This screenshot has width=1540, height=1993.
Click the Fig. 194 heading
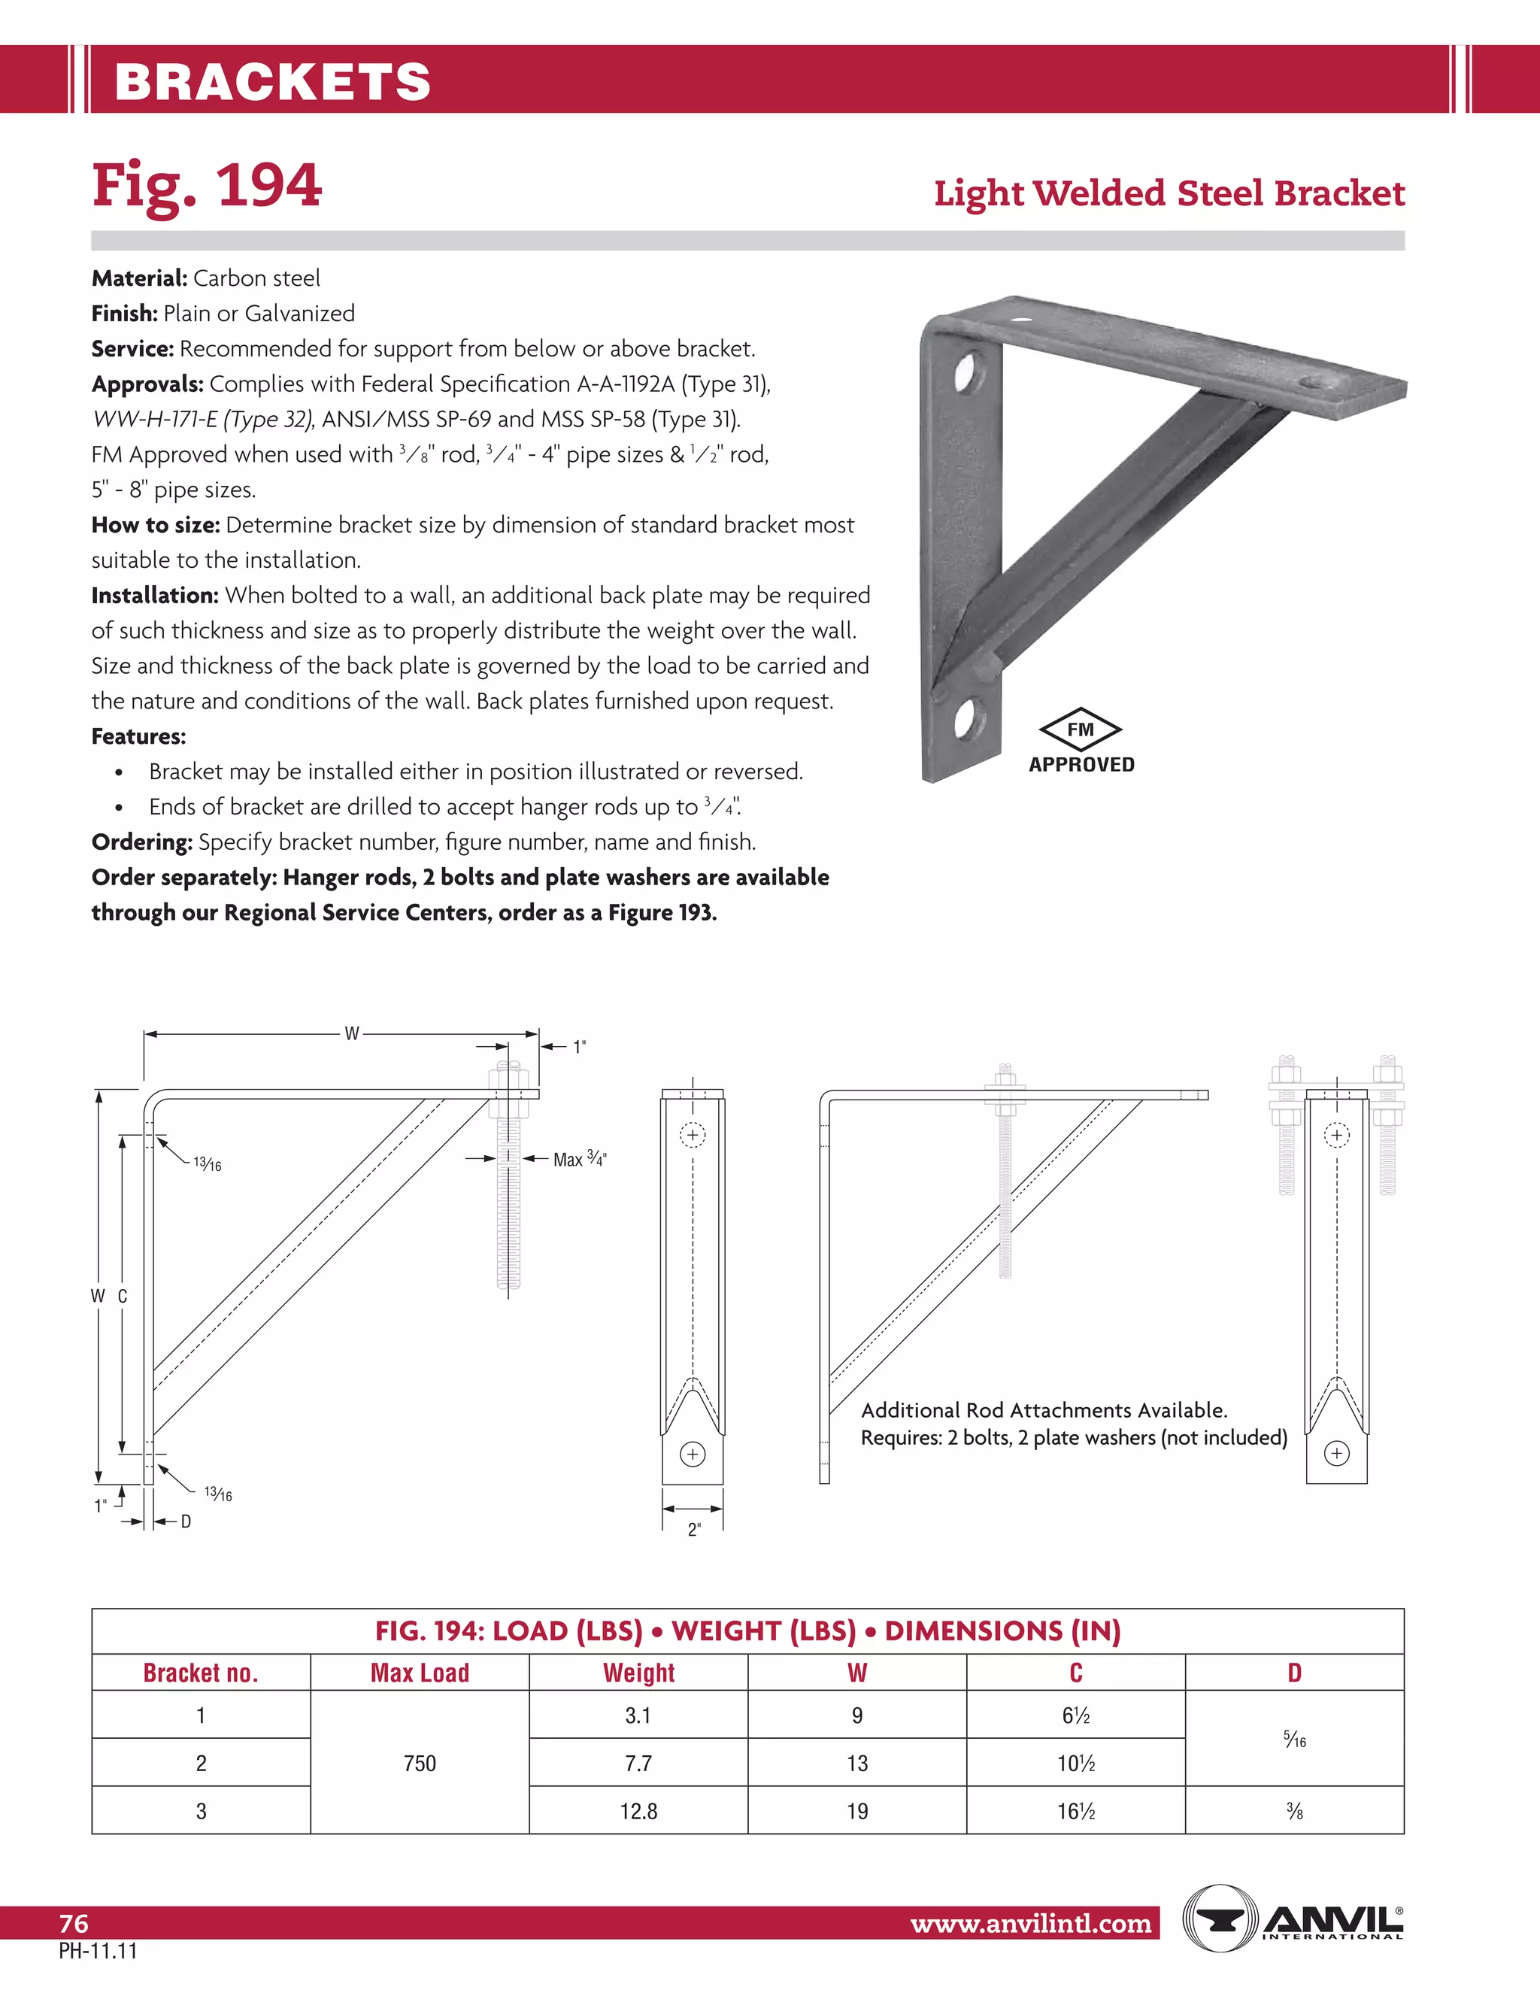pyautogui.click(x=206, y=185)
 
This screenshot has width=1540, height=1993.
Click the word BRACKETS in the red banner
pyautogui.click(x=273, y=81)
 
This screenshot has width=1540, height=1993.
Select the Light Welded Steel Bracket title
pyautogui.click(x=1169, y=193)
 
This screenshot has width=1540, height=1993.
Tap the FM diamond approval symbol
pyautogui.click(x=1081, y=729)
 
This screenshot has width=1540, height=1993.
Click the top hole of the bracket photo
pyautogui.click(x=966, y=372)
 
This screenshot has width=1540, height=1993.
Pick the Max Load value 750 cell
pyautogui.click(x=420, y=1763)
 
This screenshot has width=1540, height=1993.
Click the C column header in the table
pyautogui.click(x=1075, y=1673)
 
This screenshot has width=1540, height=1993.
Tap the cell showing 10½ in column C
pyautogui.click(x=1075, y=1763)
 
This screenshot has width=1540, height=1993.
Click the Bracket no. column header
pyautogui.click(x=201, y=1673)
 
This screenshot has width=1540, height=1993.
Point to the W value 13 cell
pyautogui.click(x=856, y=1763)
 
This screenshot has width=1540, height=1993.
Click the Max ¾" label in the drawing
pyautogui.click(x=579, y=1159)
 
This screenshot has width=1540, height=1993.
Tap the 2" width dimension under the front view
pyautogui.click(x=693, y=1530)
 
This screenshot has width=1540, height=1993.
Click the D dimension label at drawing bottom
pyautogui.click(x=186, y=1521)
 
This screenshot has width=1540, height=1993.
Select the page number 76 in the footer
pyautogui.click(x=74, y=1924)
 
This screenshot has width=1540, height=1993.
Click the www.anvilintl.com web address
pyautogui.click(x=1031, y=1924)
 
